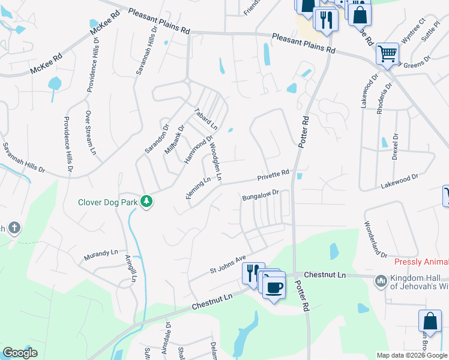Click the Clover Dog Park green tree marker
point(146,202)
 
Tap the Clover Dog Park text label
point(107,202)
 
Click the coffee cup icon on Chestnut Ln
point(274,287)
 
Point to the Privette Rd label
point(273,175)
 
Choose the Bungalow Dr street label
point(261,195)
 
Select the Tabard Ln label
point(206,119)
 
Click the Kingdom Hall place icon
point(380,281)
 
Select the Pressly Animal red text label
point(421,262)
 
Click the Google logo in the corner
point(20,352)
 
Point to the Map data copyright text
point(412,355)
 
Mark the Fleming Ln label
point(198,188)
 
